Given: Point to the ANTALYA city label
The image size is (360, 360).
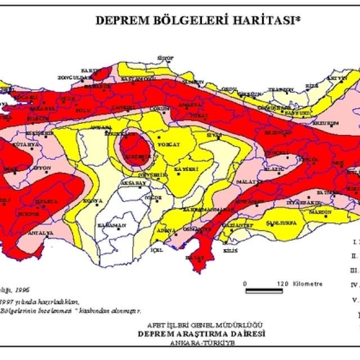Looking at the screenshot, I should click(x=42, y=232).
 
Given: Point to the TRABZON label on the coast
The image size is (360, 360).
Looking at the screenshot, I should click(x=281, y=89).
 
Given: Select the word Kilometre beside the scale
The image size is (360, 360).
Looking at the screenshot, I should click(x=308, y=283).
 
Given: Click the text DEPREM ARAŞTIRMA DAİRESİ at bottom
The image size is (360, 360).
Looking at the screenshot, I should click(x=202, y=333).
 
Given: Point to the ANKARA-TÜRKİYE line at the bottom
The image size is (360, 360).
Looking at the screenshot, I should click(x=202, y=342).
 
